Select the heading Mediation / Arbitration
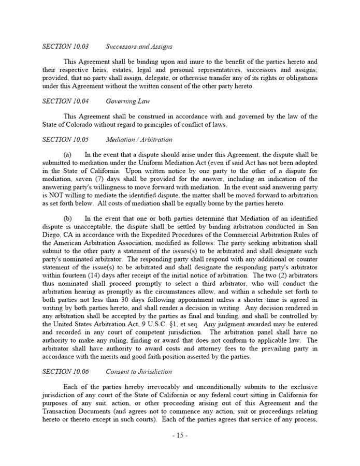tap(139, 139)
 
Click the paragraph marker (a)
tap(67, 154)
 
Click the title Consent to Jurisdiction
tap(139, 371)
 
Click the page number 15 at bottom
tap(180, 435)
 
